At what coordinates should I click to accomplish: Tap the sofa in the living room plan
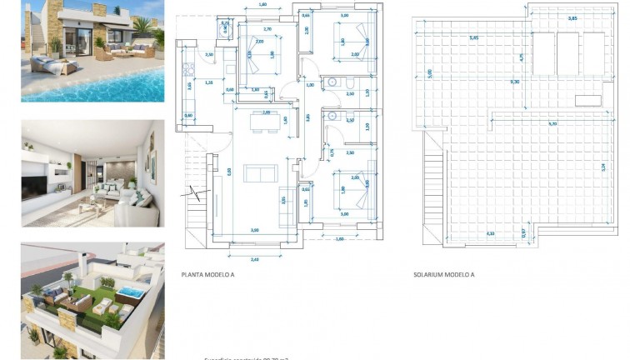coord(260,173)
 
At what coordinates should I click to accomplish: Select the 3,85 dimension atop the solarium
coord(549,17)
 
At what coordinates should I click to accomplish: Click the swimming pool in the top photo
coord(125,83)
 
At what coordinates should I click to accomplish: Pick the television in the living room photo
coord(37,186)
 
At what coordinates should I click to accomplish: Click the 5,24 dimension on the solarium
coord(602,167)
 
